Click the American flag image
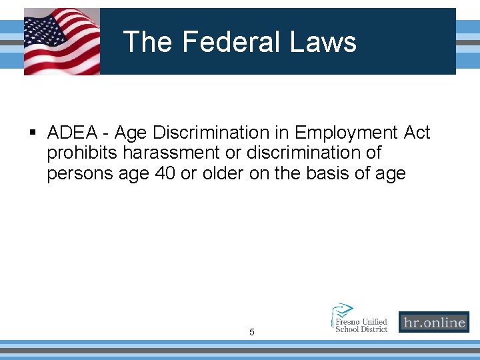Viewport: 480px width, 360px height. (x=62, y=41)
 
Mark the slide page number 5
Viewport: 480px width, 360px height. (x=252, y=331)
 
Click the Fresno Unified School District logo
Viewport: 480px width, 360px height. (x=360, y=317)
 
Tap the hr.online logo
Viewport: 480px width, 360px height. (x=433, y=323)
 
